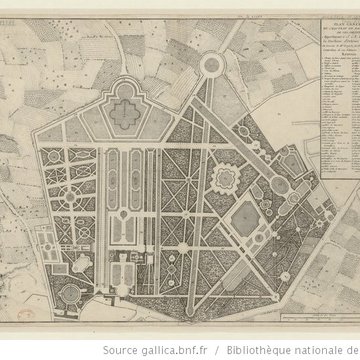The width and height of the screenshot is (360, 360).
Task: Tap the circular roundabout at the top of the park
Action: [x=212, y=66]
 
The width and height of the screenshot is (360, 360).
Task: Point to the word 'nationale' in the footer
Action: [x=323, y=349]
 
